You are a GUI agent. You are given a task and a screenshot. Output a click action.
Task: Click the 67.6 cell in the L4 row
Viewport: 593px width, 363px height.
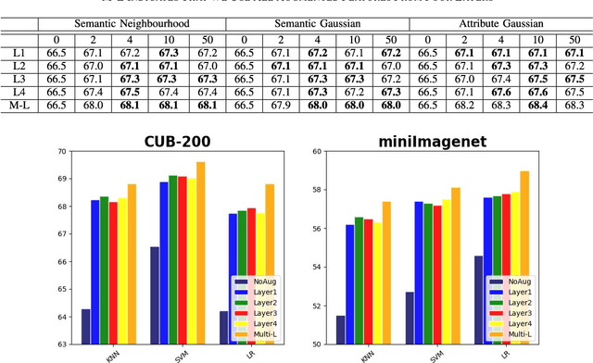(x=500, y=91)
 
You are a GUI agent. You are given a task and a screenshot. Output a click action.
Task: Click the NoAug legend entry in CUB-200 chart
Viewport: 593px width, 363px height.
(x=256, y=280)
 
